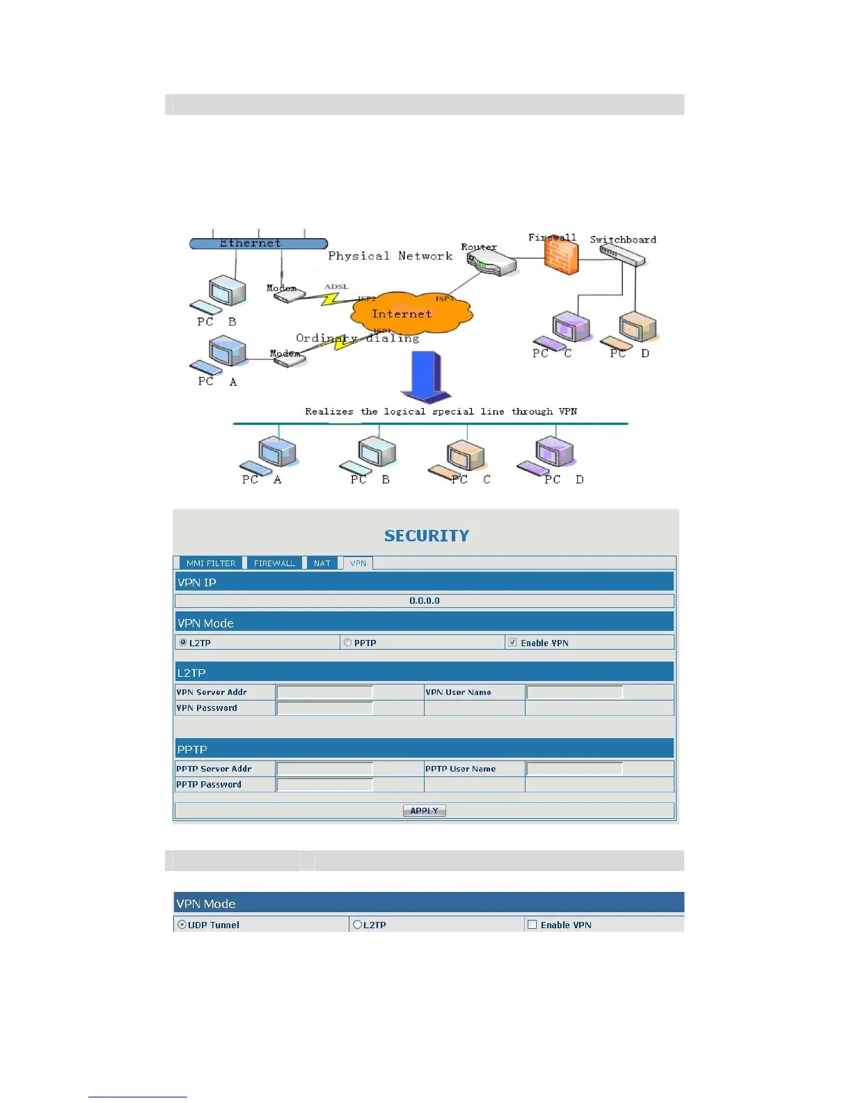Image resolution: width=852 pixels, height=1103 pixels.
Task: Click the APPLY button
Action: click(424, 811)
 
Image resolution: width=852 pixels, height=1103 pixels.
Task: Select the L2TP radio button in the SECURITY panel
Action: click(183, 643)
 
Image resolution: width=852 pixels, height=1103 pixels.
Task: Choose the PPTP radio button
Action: click(347, 643)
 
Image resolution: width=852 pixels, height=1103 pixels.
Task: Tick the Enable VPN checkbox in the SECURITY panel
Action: click(512, 643)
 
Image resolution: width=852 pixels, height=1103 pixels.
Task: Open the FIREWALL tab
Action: click(274, 563)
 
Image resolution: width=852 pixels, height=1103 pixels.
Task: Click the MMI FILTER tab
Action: click(210, 563)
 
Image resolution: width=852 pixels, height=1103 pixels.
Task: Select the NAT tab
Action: click(322, 563)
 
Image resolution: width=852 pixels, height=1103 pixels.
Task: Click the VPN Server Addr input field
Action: click(324, 692)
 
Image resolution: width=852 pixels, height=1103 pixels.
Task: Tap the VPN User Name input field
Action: click(574, 692)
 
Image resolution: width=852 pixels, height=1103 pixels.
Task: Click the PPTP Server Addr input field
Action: click(324, 769)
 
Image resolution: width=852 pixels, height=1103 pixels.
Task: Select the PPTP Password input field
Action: click(324, 785)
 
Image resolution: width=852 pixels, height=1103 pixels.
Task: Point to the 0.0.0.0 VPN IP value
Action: click(424, 601)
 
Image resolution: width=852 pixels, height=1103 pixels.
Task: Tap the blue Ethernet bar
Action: click(258, 244)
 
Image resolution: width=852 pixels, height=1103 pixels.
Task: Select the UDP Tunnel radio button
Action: click(182, 925)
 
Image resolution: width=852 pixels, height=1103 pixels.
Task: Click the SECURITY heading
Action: click(427, 535)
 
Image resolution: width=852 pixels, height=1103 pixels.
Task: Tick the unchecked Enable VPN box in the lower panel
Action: click(532, 925)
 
